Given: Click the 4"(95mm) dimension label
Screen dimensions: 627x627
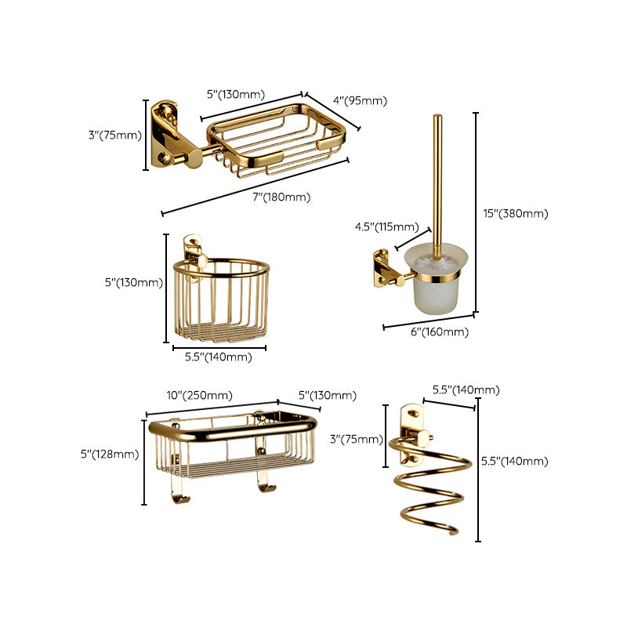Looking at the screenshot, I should point(361,100).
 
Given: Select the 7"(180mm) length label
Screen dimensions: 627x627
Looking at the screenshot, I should point(281,197).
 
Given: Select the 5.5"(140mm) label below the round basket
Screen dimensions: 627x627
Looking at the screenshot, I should point(218,357).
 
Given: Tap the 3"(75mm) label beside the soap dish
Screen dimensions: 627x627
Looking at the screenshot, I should point(115,135).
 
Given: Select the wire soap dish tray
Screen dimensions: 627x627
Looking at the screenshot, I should point(277,139).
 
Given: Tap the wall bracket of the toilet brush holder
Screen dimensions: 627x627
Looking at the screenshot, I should point(384,264).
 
